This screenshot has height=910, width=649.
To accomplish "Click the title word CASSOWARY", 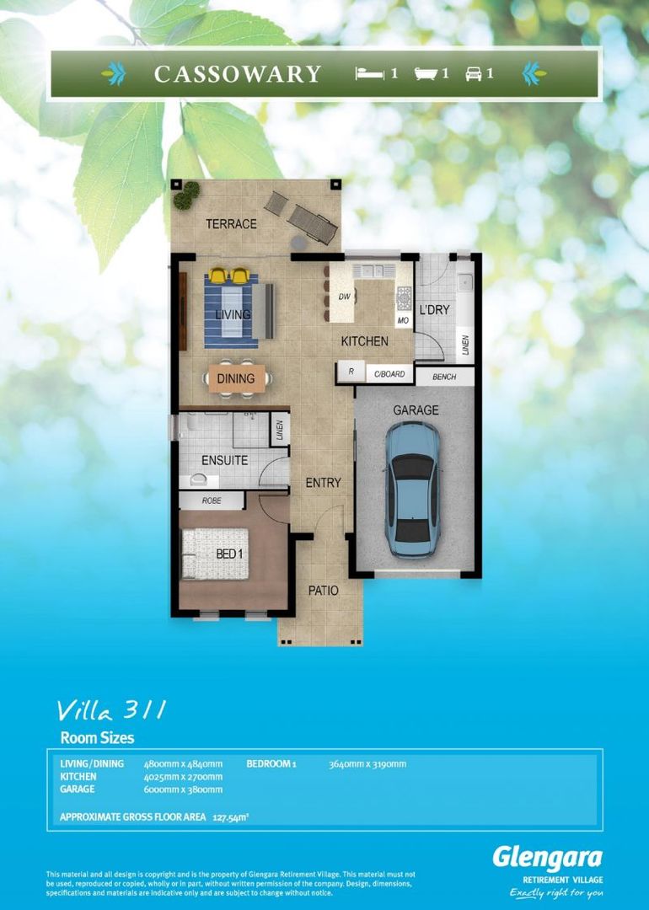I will coord(237,74).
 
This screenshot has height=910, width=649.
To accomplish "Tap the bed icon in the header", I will coord(369,74).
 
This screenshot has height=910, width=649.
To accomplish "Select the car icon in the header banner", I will coord(473,74).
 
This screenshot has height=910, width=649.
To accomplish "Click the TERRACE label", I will coord(232,224).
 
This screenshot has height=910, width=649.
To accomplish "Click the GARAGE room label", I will coord(416,410).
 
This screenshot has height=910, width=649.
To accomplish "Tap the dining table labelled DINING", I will coord(236,378).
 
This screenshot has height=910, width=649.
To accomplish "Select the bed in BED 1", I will coord(217,554).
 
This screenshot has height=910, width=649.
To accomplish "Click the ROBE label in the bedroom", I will coord(211,500).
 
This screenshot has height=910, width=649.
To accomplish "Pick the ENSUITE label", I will coord(224,460).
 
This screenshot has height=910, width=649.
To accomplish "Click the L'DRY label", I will coord(434,310).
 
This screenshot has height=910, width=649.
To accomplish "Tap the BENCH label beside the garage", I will coord(444,377).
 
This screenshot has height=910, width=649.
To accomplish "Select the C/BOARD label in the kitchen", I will coord(389,373).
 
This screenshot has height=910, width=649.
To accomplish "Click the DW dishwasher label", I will coord(344,297).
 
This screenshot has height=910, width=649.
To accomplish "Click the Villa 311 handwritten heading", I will coord(110,710).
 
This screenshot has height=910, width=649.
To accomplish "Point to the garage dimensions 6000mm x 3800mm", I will coord(183,790).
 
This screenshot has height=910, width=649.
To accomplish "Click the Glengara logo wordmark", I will coord(547,858).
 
